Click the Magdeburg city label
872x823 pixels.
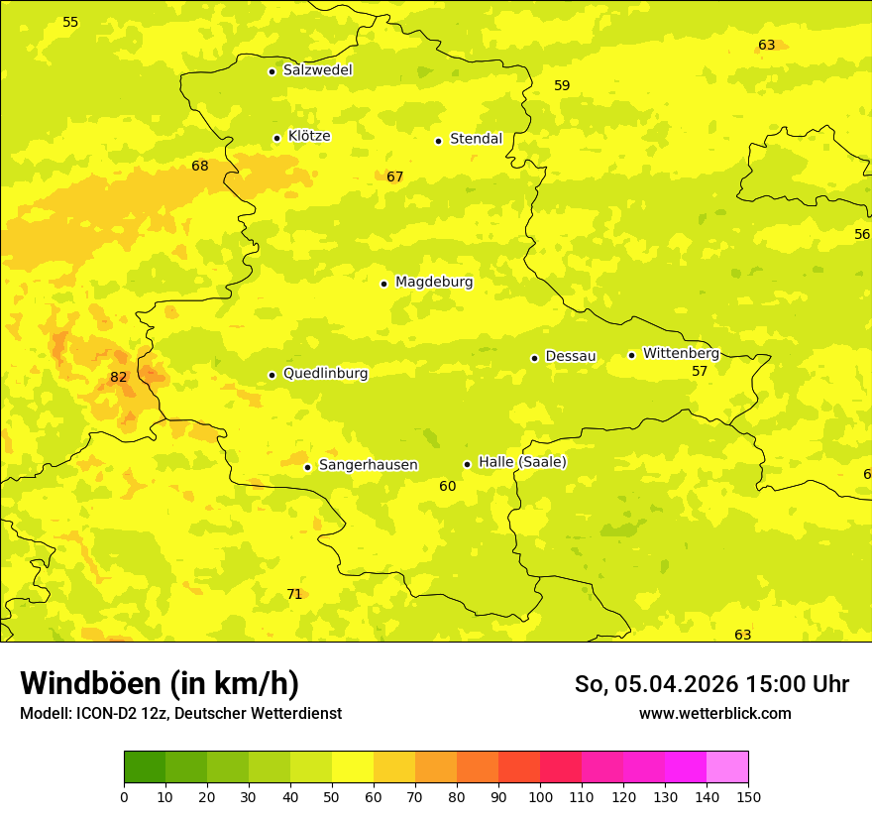click(x=433, y=283)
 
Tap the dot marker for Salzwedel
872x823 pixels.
click(x=272, y=71)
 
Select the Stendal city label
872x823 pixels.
click(x=476, y=139)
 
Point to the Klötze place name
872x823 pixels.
click(x=309, y=136)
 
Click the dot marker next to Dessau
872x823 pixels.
click(x=534, y=358)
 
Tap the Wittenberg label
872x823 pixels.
click(x=681, y=353)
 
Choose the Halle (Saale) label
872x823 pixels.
click(x=522, y=462)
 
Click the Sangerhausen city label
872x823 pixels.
click(x=368, y=465)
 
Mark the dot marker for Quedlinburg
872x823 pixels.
click(x=272, y=375)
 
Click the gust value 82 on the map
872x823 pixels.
click(x=119, y=377)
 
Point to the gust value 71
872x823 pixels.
click(x=294, y=594)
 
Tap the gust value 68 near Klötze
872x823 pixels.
click(x=200, y=166)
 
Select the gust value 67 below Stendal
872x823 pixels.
click(x=395, y=176)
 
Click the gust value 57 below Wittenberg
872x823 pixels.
click(x=700, y=371)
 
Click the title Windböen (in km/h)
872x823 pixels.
click(x=160, y=683)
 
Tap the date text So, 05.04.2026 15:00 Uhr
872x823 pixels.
click(x=711, y=684)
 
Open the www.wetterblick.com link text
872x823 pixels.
click(x=714, y=713)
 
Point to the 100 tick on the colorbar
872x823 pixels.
click(x=540, y=796)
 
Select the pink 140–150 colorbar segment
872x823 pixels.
click(x=727, y=767)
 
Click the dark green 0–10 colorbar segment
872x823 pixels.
click(x=145, y=767)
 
